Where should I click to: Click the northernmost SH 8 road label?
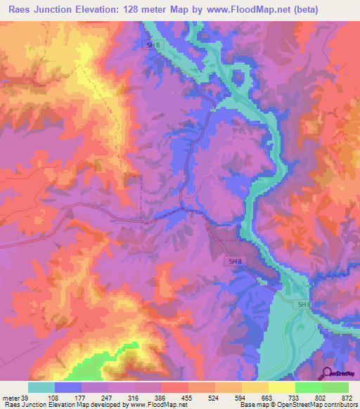[x=152, y=44]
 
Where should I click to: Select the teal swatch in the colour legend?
[x=41, y=387]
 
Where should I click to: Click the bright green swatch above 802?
[x=308, y=387]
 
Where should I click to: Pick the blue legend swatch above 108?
[x=68, y=387]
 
